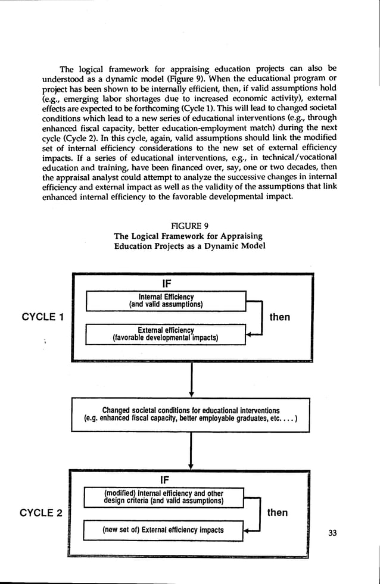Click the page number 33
point(332,532)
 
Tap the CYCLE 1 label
point(42,317)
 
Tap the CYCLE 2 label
point(41,513)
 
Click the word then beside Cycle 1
point(280,317)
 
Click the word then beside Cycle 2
point(278,513)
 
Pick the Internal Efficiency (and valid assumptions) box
point(166,301)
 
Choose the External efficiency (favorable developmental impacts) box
point(166,334)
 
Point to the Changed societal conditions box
point(191,414)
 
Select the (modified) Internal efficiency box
point(164,496)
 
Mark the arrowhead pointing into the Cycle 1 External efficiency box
point(251,335)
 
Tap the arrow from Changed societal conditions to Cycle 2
point(191,451)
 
